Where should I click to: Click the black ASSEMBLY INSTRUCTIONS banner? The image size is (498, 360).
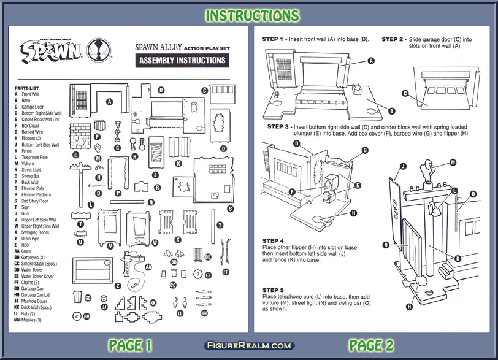(x=183, y=61)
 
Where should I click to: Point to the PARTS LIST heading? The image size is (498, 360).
(x=28, y=88)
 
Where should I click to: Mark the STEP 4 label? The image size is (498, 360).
(x=274, y=240)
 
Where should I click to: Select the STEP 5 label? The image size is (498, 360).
(x=274, y=289)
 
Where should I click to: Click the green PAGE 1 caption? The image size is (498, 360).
(x=130, y=345)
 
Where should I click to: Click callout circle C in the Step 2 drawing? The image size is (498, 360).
(x=405, y=93)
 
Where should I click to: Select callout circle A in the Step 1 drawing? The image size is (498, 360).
(x=371, y=61)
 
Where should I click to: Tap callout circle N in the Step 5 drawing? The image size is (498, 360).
(x=386, y=245)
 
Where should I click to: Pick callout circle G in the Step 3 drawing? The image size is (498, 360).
(x=365, y=150)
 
